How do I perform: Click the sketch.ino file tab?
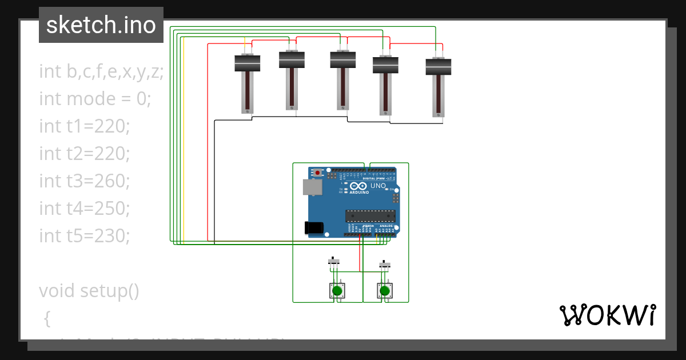(101, 25)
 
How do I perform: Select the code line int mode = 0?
(95, 99)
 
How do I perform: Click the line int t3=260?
(85, 181)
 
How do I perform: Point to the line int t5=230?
(85, 235)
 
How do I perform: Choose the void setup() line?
(89, 290)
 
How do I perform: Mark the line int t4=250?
(85, 208)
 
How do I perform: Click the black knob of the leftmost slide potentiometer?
(248, 63)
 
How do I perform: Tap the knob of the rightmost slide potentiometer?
(438, 67)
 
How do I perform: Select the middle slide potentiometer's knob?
(343, 59)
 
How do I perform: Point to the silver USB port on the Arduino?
(312, 187)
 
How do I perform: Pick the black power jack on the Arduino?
(314, 227)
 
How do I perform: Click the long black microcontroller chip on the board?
(370, 215)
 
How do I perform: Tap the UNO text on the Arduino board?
(378, 186)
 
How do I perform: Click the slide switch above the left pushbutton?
(334, 261)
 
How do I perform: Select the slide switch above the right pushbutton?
(385, 265)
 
